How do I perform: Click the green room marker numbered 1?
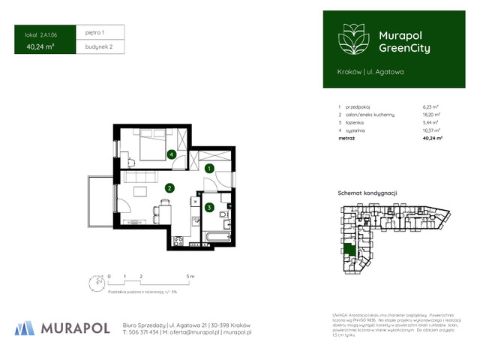[x=211, y=169]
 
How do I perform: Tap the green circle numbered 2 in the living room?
[x=170, y=188]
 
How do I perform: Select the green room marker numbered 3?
[x=210, y=208]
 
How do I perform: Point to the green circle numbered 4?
[x=172, y=154]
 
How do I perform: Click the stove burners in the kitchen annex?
[x=178, y=240]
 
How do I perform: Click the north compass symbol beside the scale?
[x=96, y=283]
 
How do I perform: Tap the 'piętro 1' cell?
[x=94, y=33]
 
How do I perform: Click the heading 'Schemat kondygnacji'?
[x=367, y=193]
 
